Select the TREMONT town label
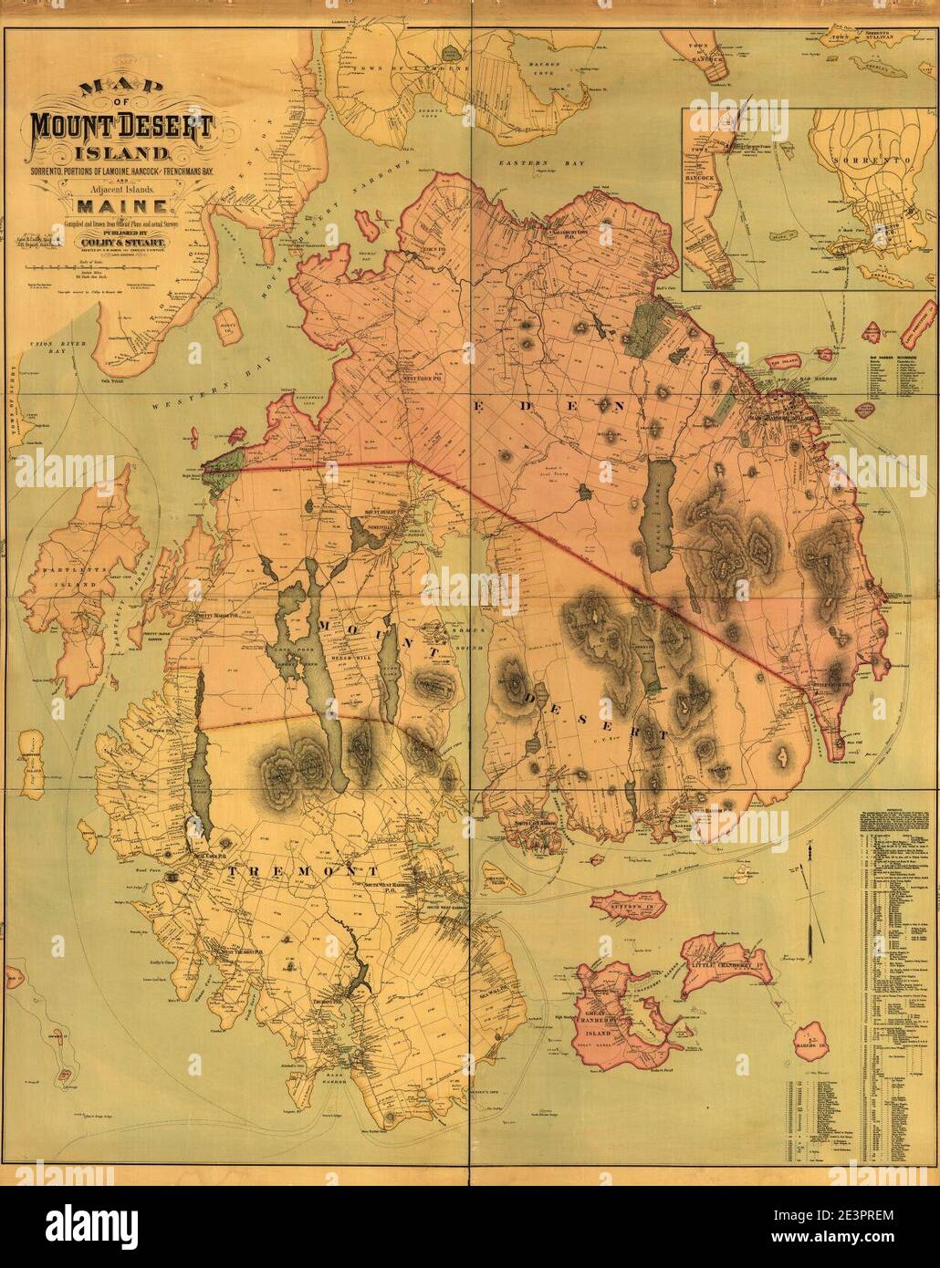(283, 872)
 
